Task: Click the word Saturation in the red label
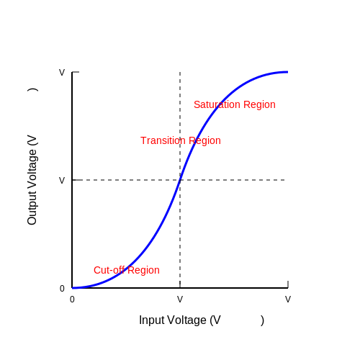(x=217, y=104)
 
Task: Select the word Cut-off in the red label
(x=109, y=270)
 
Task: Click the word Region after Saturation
(x=259, y=105)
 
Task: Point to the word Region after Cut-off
(x=143, y=271)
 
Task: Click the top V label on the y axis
(x=62, y=72)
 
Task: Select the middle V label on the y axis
(x=62, y=180)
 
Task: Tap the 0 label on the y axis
(x=62, y=288)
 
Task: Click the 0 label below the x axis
(x=72, y=300)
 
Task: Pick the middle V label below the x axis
(x=180, y=300)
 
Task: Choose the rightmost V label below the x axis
(x=288, y=300)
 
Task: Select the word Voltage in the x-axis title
(x=186, y=320)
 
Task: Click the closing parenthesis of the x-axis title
(x=262, y=320)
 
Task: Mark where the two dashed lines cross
(x=180, y=180)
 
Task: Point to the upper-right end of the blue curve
(x=287, y=72)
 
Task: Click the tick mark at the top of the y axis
(x=76, y=72)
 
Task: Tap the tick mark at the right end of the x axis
(x=288, y=284)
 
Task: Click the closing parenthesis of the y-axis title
(x=32, y=90)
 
